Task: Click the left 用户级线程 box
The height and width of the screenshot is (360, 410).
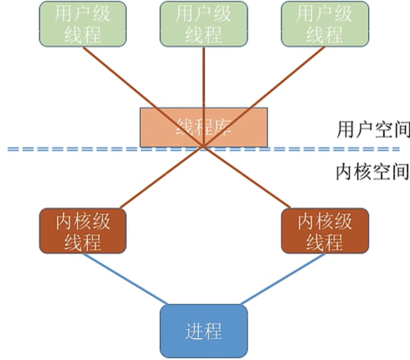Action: pos(83,24)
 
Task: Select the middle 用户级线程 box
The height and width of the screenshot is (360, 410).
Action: pos(203,24)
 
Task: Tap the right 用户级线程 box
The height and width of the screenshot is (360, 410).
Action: pos(324,24)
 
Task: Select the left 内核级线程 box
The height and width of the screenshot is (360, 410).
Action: pos(83,231)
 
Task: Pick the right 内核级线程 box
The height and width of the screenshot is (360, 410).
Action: pos(325,231)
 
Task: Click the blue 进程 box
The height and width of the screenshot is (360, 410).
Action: pos(203,331)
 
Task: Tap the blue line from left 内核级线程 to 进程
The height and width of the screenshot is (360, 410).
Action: pos(125,279)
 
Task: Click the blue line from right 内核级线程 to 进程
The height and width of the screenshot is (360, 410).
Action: pos(283,279)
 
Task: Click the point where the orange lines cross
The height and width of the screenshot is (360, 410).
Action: pos(203,147)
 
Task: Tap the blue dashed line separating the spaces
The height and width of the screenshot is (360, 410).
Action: pos(79,149)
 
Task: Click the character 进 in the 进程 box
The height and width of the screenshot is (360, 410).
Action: pos(194,331)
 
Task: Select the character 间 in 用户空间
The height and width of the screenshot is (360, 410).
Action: pos(401,129)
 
